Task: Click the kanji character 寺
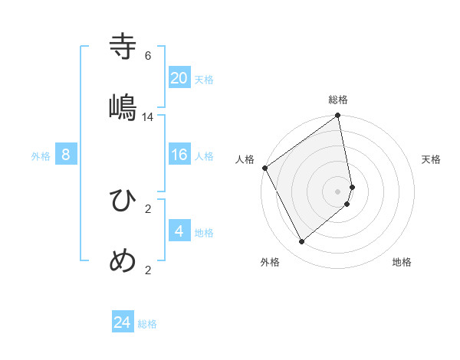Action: (123, 47)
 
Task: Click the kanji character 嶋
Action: (123, 108)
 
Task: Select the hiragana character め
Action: (123, 261)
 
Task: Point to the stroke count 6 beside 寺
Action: (148, 56)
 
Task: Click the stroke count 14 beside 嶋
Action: (148, 117)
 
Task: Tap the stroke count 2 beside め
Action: (148, 270)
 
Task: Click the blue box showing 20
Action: (179, 77)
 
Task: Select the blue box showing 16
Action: (179, 155)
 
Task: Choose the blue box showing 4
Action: (179, 231)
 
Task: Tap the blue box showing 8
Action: (66, 155)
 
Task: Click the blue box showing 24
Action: (123, 322)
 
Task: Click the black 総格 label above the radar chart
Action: (338, 100)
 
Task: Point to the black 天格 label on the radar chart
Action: (431, 159)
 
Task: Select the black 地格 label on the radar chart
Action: (402, 262)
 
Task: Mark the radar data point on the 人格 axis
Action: (264, 168)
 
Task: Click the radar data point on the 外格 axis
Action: (301, 242)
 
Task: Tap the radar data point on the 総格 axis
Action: (338, 116)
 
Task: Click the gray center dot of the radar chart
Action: (338, 191)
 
